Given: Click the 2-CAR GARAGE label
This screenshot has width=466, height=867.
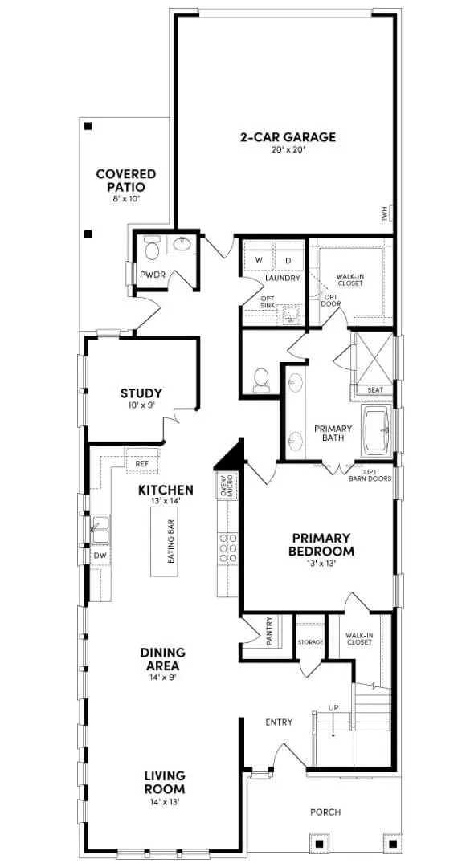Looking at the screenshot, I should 288,137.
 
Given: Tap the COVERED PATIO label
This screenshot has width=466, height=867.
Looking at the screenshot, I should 125,180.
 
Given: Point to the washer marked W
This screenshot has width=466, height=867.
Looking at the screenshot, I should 259,260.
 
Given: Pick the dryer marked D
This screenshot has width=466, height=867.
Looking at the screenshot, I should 287,260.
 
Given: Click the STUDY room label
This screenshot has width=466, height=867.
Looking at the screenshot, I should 141,393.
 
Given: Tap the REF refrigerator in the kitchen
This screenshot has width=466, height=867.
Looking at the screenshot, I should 142,463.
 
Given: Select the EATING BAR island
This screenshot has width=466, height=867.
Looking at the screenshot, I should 171,541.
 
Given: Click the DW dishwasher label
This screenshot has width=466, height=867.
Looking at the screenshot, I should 100,555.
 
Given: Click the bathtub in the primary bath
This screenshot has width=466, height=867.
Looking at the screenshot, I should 375,433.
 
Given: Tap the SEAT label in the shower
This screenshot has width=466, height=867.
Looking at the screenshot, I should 374,390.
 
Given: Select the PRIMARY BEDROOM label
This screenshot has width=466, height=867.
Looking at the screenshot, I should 321,544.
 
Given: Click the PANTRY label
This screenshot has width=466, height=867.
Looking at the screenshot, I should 269,630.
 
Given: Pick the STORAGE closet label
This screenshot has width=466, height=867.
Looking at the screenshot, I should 309,642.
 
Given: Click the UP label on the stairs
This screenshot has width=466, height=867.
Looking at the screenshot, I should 333,708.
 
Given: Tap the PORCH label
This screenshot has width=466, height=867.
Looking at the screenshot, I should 325,812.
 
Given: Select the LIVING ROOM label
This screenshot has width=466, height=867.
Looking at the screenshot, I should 165,782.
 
